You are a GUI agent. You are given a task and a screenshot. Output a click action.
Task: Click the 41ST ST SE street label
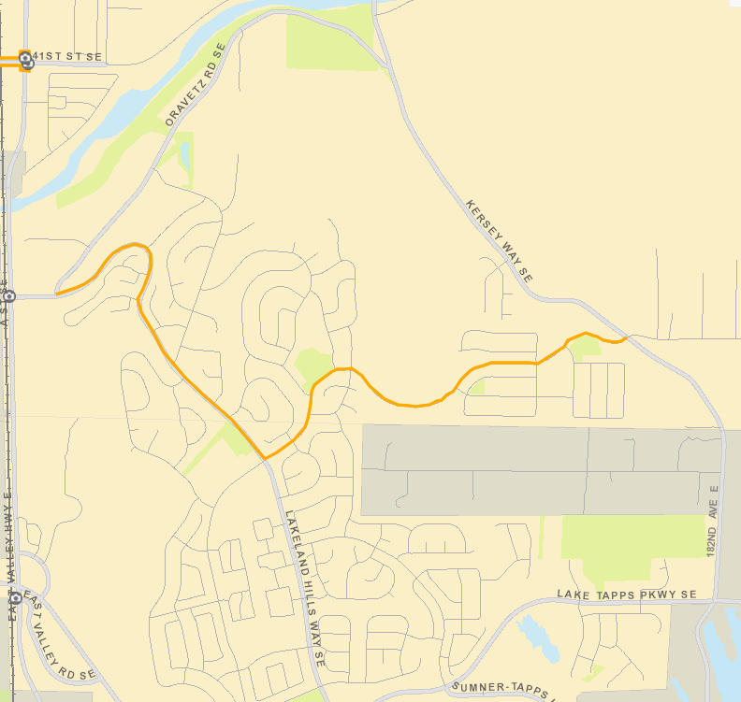67,57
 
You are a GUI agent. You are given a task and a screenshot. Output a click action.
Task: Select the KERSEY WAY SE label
499,241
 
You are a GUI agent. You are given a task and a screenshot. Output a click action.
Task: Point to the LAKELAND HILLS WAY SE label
303,588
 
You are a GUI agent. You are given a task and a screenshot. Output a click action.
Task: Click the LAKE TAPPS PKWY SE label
627,595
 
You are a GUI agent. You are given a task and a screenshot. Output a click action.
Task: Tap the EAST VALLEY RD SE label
61,636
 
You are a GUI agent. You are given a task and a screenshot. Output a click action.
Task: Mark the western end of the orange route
57,294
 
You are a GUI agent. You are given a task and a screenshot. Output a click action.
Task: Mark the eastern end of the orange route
625,338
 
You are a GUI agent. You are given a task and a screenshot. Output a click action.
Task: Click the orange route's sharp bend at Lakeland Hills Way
265,458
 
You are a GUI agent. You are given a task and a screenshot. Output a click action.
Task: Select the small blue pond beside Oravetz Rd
184,154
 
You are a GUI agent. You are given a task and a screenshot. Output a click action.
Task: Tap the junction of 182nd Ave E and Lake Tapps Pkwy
721,602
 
